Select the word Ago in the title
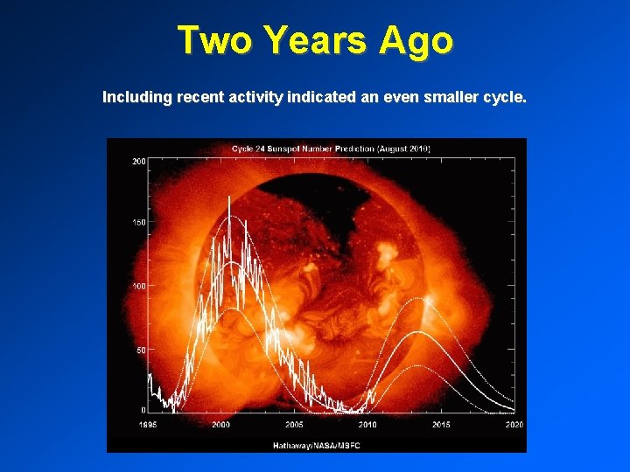[x=416, y=41]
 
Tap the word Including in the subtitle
[x=137, y=97]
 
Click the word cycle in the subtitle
[x=505, y=97]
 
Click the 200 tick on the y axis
[x=138, y=162]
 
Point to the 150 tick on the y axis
[x=138, y=223]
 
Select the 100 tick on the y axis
[x=138, y=286]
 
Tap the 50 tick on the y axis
[x=140, y=349]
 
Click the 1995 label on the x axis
[x=147, y=424]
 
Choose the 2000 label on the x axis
[x=220, y=424]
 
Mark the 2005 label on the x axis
[x=294, y=424]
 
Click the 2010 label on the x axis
[x=367, y=424]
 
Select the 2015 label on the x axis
[x=440, y=424]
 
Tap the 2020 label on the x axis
[x=513, y=424]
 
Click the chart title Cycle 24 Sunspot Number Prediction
[x=331, y=149]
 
